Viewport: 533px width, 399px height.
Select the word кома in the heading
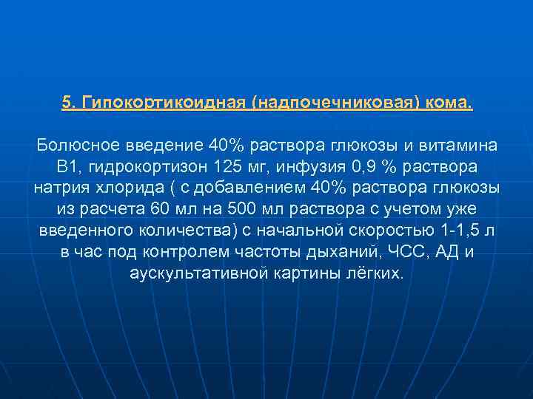click(447, 103)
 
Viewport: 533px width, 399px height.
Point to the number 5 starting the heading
click(66, 103)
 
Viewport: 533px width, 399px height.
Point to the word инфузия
click(296, 166)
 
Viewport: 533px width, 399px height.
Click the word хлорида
click(110, 187)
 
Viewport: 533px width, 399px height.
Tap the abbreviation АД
click(446, 251)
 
